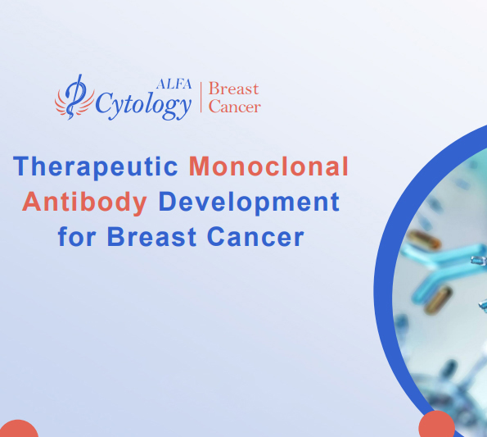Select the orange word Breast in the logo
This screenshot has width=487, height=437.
[233, 89]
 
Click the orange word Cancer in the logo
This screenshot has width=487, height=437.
[235, 107]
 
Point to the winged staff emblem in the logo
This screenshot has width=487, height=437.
[74, 97]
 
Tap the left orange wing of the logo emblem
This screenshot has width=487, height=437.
[62, 102]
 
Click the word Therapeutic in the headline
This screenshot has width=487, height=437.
[97, 166]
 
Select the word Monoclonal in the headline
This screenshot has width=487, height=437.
[268, 166]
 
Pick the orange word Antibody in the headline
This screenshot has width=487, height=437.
[85, 202]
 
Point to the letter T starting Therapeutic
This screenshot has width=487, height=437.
[21, 166]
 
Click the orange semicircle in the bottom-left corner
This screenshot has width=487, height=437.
[18, 429]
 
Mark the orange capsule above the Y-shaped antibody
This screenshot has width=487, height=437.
[424, 240]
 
